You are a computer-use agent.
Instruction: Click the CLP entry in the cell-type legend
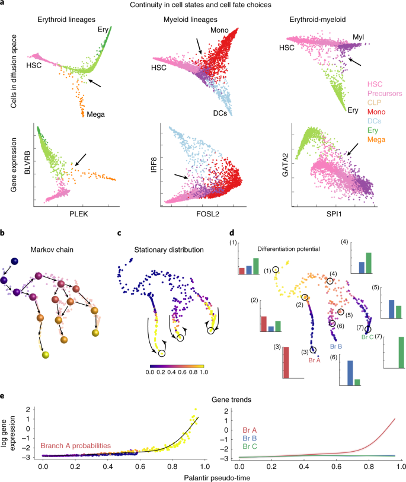point(375,103)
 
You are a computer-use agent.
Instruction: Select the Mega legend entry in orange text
point(376,139)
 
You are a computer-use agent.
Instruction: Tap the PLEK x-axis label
point(79,214)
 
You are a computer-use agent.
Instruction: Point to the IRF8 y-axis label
point(154,164)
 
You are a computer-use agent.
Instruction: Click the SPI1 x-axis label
point(334,214)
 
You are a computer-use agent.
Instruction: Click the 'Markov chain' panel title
point(52,250)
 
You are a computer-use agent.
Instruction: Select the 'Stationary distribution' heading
point(169,250)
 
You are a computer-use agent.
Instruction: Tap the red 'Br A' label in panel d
point(314,360)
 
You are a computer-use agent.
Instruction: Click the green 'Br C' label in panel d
point(367,337)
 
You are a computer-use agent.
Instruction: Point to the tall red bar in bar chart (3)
point(286,362)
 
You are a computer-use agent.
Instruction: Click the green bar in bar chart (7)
point(401,352)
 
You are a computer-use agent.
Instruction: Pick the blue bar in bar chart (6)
point(350,373)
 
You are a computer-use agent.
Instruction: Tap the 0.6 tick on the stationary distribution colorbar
point(182,372)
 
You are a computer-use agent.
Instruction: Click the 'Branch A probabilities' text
point(76,446)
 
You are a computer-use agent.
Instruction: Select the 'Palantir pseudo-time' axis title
point(217,478)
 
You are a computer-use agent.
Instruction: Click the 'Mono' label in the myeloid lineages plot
point(219,30)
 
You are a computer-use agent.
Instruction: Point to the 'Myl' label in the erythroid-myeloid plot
point(359,37)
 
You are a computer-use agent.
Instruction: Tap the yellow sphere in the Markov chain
point(46,355)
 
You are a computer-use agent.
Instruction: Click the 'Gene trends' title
point(231,400)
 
